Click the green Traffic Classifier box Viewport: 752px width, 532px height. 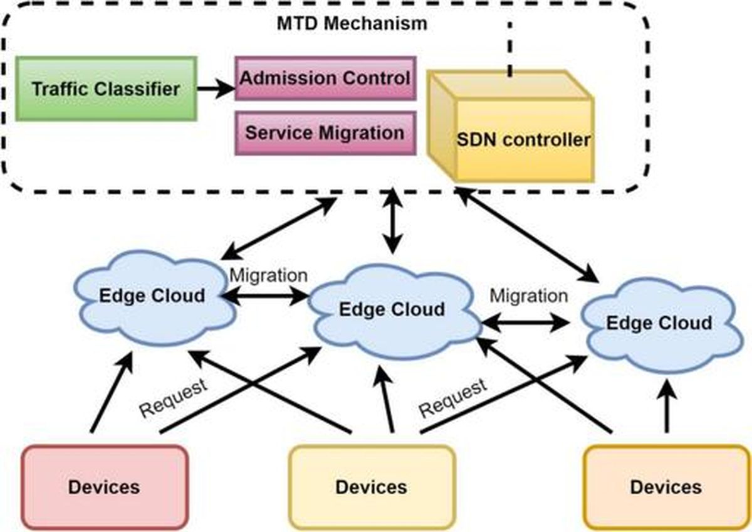click(106, 88)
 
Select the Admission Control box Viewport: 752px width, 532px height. click(325, 78)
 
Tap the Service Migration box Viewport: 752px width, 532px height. click(325, 133)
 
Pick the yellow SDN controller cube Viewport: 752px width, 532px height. click(510, 126)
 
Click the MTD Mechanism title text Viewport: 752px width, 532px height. click(352, 23)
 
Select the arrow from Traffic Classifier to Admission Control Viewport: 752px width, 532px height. click(216, 88)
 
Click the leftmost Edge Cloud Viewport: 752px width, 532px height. click(154, 298)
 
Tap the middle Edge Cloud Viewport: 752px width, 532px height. click(394, 311)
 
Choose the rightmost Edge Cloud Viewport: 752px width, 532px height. click(661, 324)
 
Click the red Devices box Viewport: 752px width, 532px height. click(105, 487)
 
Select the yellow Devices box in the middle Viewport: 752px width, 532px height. click(372, 487)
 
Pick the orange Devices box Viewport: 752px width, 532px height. click(667, 487)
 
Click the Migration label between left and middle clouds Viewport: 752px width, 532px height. click(269, 276)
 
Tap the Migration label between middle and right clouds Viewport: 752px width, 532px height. click(529, 296)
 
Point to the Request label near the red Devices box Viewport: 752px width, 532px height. click(173, 398)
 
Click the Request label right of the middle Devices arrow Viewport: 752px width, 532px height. click(453, 398)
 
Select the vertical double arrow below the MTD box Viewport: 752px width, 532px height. click(393, 221)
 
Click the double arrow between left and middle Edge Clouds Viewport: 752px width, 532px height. click(265, 296)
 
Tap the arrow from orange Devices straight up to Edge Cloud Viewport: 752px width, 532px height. click(667, 406)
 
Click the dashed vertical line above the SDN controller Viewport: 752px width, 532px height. click(510, 49)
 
